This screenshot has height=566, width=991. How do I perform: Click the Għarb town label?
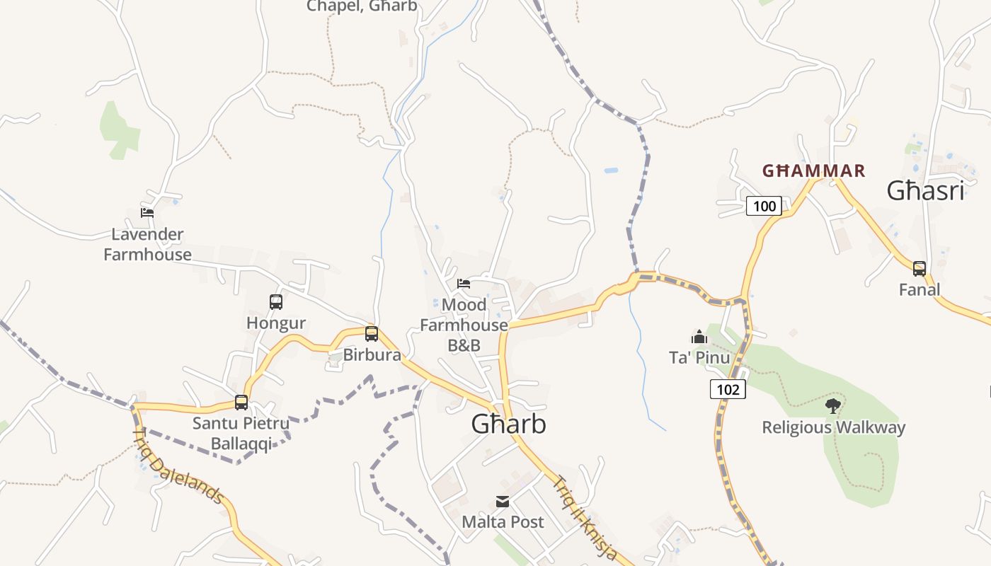coord(509,424)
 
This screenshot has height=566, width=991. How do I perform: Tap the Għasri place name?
coord(925,191)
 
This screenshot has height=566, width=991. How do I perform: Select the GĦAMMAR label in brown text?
coord(813,171)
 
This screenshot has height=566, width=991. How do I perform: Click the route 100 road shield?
coord(764,206)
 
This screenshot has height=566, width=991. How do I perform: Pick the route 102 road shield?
coord(728,388)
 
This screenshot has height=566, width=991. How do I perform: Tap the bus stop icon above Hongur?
coord(276,302)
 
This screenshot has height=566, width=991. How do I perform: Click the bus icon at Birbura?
coord(372,334)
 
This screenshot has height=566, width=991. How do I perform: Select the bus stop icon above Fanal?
coord(920,269)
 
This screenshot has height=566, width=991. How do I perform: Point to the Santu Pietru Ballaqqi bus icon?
coord(241,403)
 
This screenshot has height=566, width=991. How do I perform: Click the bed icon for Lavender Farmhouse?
coord(147,212)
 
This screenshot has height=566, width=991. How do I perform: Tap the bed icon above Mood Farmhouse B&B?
coord(464,284)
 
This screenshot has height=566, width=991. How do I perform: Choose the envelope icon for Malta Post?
coord(503,502)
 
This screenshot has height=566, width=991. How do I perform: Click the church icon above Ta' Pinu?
coord(699,337)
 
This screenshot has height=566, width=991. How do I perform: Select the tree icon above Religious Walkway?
coord(833,406)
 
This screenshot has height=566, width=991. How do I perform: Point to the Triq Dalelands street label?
coord(179,466)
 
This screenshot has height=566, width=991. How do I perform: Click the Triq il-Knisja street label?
coord(585,518)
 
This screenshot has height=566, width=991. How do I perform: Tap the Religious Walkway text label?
coord(833,427)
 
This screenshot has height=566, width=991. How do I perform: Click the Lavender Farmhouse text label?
coord(147,244)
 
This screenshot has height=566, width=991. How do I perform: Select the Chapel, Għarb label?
coord(362,6)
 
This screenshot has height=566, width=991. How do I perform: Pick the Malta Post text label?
coord(503,522)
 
